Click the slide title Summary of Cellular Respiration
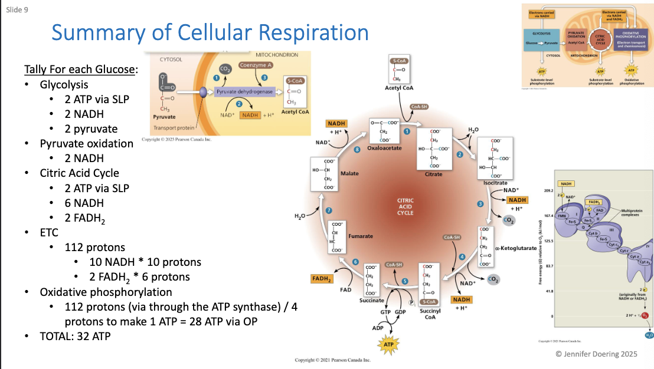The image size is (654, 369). coord(210,32)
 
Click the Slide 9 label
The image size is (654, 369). coord(18,10)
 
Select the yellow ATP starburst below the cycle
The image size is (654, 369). coord(388,344)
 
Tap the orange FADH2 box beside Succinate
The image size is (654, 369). coord(321,278)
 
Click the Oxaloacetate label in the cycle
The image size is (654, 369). coord(384,148)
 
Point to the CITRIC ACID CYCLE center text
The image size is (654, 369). coord(405,206)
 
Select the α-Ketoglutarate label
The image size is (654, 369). coord(516,248)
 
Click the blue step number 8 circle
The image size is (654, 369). coord(357,150)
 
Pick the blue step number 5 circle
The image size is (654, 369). coord(405,281)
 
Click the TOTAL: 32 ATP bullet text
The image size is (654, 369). coord(75,337)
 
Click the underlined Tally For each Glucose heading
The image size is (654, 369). coord(80,70)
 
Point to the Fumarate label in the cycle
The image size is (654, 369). coord(360,236)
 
